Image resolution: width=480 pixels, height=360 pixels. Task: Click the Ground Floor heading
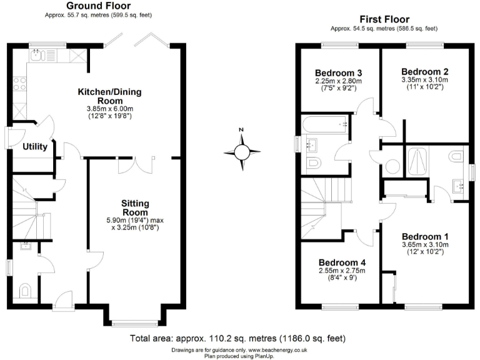[98, 6]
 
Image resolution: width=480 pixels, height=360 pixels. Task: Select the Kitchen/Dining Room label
[109, 96]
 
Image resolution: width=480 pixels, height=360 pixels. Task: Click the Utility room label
[36, 147]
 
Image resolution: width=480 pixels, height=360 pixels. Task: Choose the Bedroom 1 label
[425, 236]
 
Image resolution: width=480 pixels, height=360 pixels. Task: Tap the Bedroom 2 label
[424, 71]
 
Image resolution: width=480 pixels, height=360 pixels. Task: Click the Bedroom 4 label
[341, 262]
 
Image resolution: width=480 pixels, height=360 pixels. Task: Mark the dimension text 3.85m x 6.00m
[109, 108]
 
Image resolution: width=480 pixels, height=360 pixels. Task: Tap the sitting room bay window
[134, 322]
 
